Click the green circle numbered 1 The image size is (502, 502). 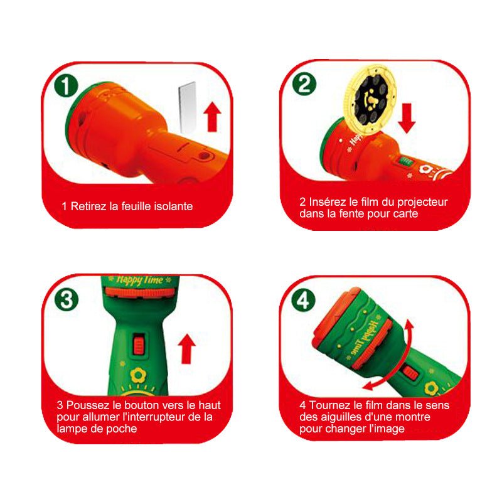[67, 86]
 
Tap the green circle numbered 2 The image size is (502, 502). [304, 84]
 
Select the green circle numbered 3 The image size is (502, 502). [67, 300]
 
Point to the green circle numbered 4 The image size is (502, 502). [303, 301]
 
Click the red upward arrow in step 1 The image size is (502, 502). [212, 117]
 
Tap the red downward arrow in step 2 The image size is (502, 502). [407, 118]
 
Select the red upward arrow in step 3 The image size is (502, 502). [186, 349]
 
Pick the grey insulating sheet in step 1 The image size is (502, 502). [187, 107]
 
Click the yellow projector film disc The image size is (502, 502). [370, 99]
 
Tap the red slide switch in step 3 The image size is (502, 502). [139, 344]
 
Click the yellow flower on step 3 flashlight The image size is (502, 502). [138, 375]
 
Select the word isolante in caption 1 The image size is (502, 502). [174, 206]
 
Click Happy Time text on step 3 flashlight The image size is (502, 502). [139, 280]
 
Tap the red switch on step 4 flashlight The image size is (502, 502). [410, 373]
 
